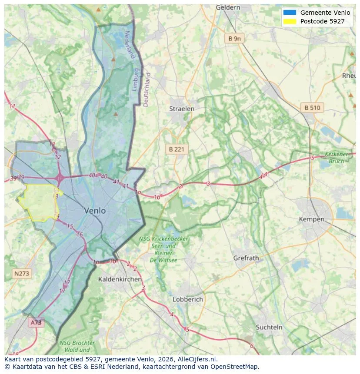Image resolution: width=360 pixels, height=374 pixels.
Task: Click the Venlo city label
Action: point(95,211)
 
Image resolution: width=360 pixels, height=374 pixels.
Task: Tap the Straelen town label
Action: point(182,109)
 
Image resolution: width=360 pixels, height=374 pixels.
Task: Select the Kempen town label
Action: point(311,219)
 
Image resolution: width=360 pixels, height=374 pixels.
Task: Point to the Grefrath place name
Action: point(246,258)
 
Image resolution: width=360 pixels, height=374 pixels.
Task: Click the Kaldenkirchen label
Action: point(120,279)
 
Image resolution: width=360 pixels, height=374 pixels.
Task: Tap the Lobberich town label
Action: point(188,299)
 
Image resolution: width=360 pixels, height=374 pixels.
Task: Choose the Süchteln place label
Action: point(269,327)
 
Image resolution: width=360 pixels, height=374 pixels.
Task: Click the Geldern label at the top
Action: point(228,7)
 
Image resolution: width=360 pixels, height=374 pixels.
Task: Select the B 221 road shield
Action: point(177,149)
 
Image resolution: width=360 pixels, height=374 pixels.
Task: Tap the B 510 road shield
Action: point(312,108)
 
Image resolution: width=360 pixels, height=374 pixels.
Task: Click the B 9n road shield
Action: point(234,39)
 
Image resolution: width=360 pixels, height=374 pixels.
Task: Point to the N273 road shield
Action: point(22,273)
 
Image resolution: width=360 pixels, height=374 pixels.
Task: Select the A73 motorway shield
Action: point(36,322)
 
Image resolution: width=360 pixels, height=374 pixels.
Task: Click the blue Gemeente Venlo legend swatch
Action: point(289,13)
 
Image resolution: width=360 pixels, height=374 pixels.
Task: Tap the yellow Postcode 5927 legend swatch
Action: point(289,21)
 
